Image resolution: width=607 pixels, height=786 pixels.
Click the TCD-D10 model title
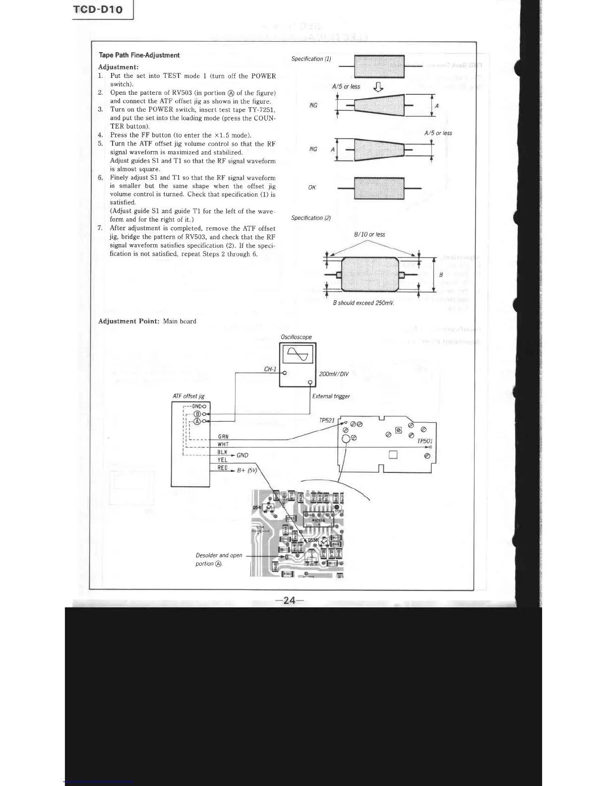[98, 9]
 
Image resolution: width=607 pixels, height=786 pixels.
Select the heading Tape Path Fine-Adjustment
[139, 55]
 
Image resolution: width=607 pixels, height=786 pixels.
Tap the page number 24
[289, 600]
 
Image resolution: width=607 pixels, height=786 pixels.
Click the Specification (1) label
[311, 59]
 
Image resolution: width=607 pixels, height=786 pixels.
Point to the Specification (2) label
[311, 218]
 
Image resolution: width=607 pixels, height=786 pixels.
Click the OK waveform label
[312, 188]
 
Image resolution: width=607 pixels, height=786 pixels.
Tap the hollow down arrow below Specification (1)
[378, 87]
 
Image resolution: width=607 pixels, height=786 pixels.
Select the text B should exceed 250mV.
[364, 303]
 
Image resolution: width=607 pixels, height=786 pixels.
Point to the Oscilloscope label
[296, 337]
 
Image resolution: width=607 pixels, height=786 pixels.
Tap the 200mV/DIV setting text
[334, 374]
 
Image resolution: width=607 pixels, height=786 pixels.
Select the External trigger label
[331, 396]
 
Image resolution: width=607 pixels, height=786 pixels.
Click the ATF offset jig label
[188, 396]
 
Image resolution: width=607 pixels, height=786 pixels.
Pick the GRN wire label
[223, 437]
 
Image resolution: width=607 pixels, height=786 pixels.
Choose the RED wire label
[223, 468]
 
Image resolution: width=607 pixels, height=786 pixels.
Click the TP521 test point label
[327, 420]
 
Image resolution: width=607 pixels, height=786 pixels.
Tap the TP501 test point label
[425, 441]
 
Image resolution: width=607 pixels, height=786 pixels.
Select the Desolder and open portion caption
[219, 559]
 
